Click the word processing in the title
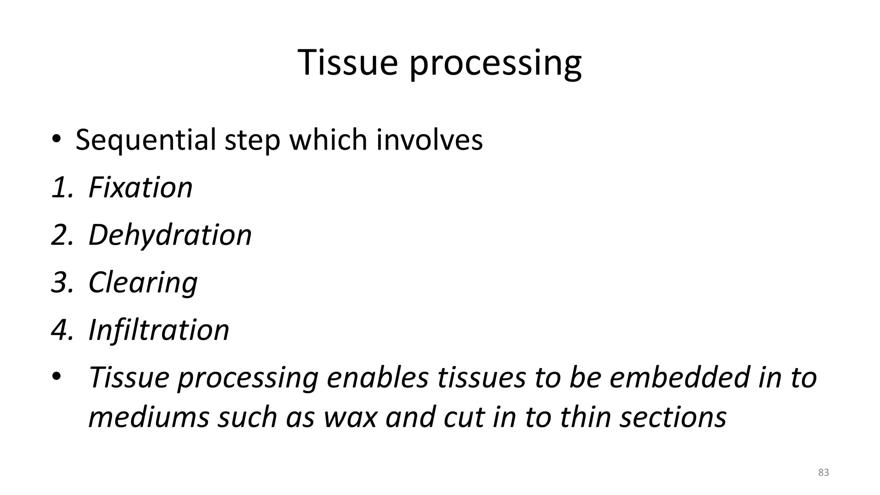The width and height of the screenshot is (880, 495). pyautogui.click(x=495, y=64)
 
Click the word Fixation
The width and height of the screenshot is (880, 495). pyautogui.click(x=140, y=188)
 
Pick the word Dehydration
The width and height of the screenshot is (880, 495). pyautogui.click(x=170, y=235)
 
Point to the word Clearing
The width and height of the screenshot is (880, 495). pyautogui.click(x=143, y=283)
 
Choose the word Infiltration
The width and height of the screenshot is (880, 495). pyautogui.click(x=159, y=330)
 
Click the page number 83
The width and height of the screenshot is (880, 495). pyautogui.click(x=823, y=473)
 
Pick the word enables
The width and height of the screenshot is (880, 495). pyautogui.click(x=378, y=377)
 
